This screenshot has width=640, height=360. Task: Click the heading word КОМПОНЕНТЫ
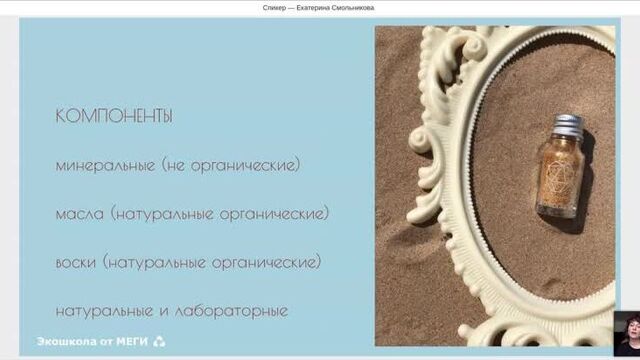[x=114, y=116]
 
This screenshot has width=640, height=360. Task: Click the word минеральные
[x=105, y=165]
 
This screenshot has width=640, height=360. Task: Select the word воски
[x=77, y=262]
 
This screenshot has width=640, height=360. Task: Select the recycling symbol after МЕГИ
[x=158, y=342]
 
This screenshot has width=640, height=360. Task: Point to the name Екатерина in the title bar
[x=317, y=8]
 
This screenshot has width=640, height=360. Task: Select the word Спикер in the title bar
[x=274, y=8]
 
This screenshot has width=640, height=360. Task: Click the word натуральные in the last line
[x=104, y=310]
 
